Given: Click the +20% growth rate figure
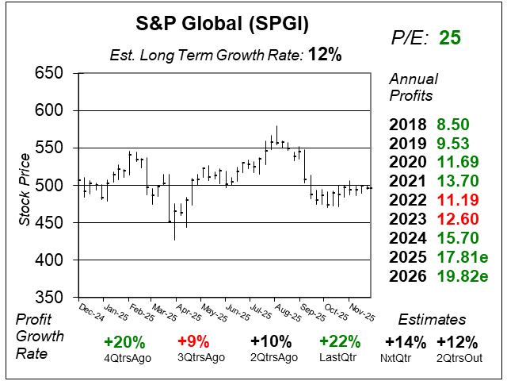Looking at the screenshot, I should [124, 343].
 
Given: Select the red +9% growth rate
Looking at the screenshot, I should [193, 343].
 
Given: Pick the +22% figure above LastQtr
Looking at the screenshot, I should [341, 343].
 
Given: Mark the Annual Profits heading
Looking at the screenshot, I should [411, 87].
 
